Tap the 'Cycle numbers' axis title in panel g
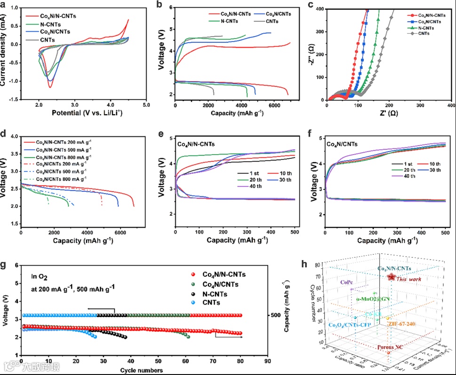click(142, 371)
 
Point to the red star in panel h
click(391, 277)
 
